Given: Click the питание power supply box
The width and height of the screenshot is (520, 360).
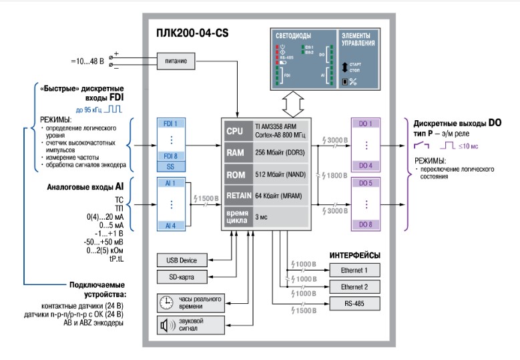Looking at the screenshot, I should coord(176,61).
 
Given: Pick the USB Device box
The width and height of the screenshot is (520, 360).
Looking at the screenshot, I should coord(182,259).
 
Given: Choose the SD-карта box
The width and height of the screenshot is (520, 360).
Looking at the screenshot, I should coord(182,276).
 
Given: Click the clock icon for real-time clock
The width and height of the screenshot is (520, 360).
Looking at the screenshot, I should coord(166,301).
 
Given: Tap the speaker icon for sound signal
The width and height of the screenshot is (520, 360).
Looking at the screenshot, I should coord(166,325).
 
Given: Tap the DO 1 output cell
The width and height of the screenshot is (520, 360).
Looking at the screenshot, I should coord(364,124).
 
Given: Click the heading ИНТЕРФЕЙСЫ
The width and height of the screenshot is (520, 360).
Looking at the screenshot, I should coord(355,255).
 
